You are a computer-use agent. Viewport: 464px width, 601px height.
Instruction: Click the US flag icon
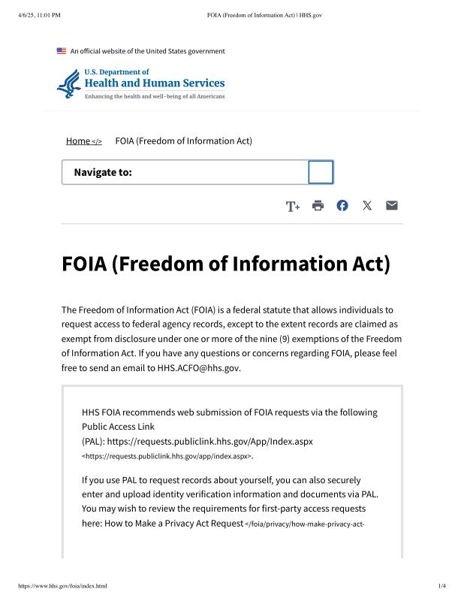(62, 51)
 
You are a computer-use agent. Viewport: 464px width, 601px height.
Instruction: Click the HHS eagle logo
(68, 84)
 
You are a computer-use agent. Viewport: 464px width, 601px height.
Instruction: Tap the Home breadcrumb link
(78, 141)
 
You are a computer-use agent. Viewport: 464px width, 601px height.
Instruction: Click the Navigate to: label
(103, 173)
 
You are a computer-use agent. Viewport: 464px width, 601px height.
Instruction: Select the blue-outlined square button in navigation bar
(321, 172)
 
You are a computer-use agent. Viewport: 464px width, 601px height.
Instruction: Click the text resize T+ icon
(293, 207)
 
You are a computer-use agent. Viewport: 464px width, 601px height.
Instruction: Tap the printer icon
(318, 206)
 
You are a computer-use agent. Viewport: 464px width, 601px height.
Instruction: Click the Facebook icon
(342, 206)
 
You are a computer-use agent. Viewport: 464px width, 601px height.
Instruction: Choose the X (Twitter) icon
(367, 206)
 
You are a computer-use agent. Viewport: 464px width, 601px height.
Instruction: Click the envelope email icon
(392, 206)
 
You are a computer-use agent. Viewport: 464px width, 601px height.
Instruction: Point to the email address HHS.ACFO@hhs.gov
(199, 368)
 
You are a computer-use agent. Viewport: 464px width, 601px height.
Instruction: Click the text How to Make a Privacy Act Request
(162, 523)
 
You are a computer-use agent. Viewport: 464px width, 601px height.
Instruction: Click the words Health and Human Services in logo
(154, 83)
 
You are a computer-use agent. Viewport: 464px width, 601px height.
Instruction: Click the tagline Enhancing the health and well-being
(154, 97)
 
